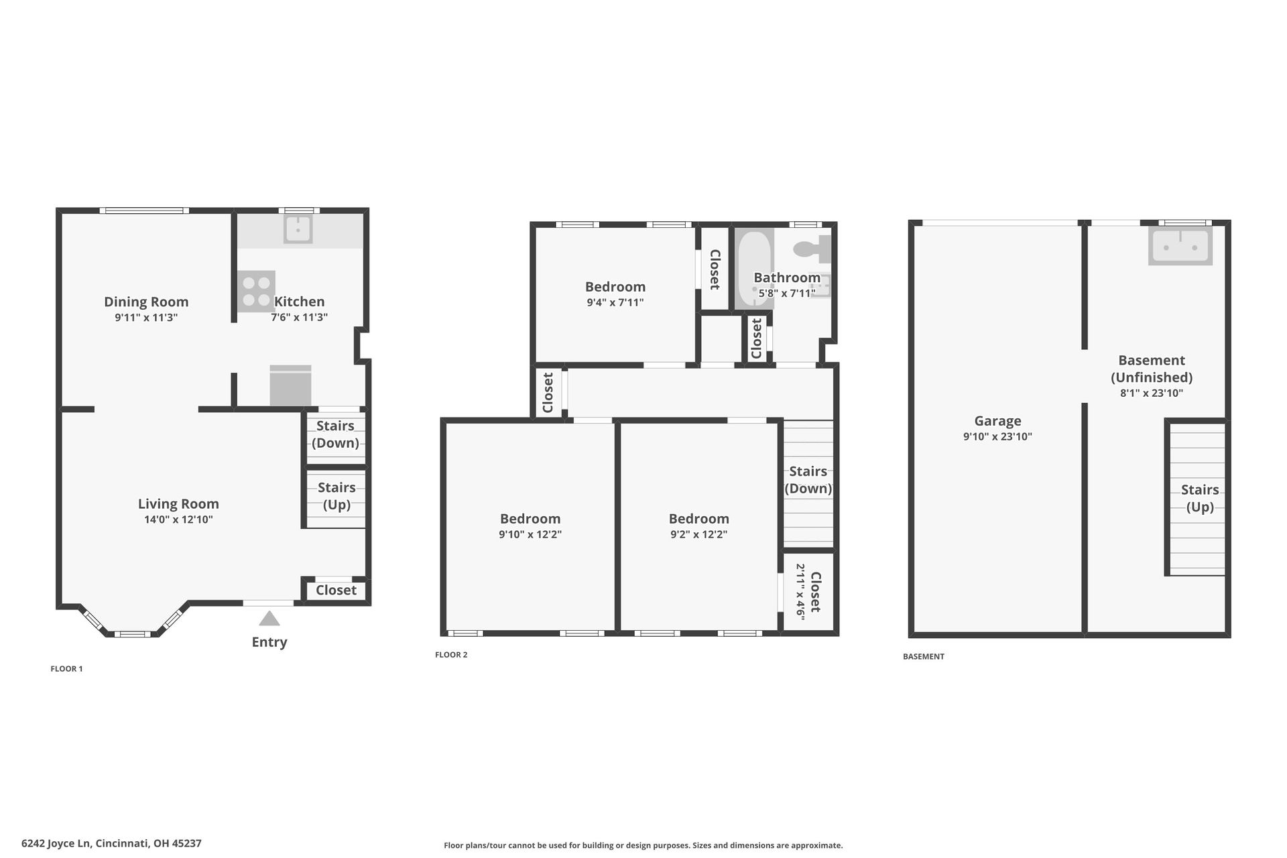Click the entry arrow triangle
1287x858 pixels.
point(269,618)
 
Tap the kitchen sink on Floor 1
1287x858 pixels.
point(298,229)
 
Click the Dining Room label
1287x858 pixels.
point(146,302)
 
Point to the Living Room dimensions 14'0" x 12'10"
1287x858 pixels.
point(178,519)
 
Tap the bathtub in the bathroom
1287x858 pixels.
point(754,269)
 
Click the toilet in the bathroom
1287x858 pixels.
point(812,249)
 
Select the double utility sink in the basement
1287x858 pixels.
point(1180,246)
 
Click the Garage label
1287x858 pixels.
point(997,421)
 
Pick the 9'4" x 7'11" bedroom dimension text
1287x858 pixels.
point(615,302)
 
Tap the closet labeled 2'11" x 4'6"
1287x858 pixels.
point(808,592)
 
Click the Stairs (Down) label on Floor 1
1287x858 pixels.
point(335,434)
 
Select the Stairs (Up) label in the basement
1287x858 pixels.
point(1200,498)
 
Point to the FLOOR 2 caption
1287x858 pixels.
point(451,655)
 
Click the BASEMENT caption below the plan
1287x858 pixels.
point(924,657)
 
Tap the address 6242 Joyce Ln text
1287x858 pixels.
point(56,844)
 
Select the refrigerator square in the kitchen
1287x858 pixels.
point(290,385)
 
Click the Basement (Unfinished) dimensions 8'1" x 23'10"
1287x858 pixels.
point(1152,393)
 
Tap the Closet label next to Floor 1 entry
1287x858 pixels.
point(336,590)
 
